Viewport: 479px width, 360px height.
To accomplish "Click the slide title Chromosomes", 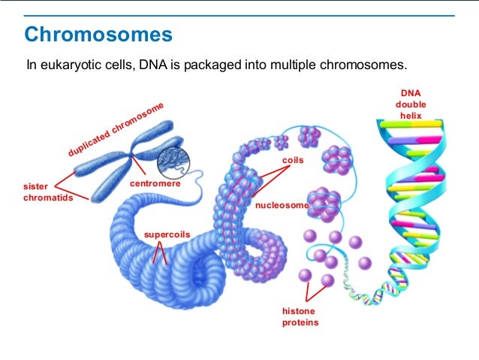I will tap(98, 35).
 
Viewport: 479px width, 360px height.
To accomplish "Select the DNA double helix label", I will tap(411, 104).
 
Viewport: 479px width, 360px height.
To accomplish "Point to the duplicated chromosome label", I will tap(116, 129).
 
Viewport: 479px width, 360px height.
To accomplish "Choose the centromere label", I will tap(155, 183).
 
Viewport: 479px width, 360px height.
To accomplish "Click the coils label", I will tap(292, 161).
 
